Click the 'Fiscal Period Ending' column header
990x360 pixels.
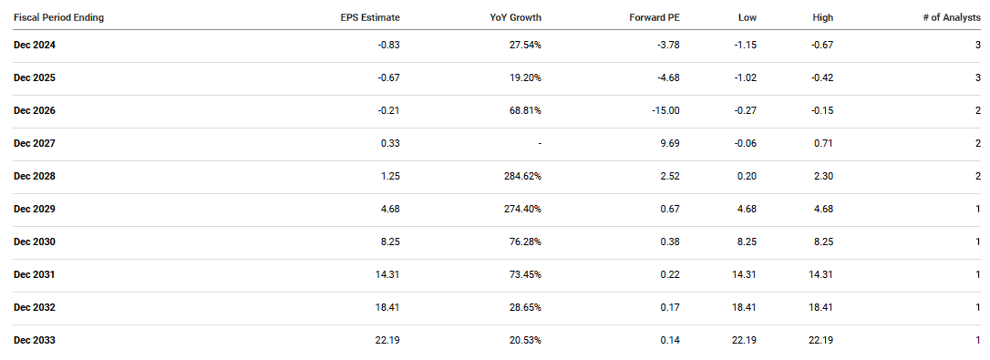(58, 17)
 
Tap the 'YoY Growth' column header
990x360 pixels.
(515, 17)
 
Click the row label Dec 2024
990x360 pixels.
(35, 45)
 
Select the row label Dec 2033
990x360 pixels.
(35, 340)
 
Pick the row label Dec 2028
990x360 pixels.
(35, 176)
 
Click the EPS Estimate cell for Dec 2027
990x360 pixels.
(389, 143)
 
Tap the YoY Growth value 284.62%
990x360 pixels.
(522, 176)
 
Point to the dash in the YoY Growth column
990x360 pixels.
(540, 143)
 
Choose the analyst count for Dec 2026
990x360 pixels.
(977, 110)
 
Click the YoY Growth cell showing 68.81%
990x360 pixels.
(525, 110)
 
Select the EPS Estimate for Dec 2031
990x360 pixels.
(387, 274)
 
